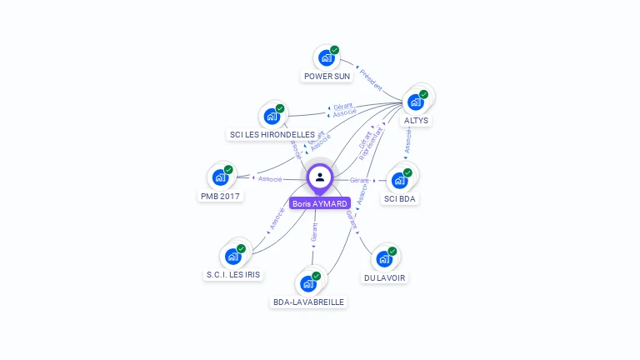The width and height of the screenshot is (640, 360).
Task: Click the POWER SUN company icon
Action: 326,58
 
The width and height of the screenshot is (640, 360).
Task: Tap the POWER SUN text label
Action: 327,76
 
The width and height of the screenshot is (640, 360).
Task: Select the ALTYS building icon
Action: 416,102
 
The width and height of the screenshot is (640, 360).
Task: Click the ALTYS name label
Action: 416,120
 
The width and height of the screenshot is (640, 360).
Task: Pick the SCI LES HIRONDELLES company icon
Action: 272,117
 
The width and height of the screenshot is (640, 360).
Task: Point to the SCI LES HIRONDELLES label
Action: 272,134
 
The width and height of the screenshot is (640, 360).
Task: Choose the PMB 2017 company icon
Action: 220,177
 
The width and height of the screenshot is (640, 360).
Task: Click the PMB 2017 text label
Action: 220,196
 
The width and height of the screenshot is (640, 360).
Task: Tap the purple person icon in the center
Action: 320,177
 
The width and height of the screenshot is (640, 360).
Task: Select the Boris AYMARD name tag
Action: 320,203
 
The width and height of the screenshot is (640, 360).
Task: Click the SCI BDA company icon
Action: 400,180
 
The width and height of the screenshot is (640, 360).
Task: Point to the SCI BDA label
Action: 400,198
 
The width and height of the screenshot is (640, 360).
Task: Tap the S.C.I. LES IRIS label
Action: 233,275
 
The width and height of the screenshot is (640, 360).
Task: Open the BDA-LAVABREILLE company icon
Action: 308,283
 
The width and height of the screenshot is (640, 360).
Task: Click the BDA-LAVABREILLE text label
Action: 308,302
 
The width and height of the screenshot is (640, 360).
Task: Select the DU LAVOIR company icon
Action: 385,258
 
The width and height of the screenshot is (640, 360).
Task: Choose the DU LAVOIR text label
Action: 386,277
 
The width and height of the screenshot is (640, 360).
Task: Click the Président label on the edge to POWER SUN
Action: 371,80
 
